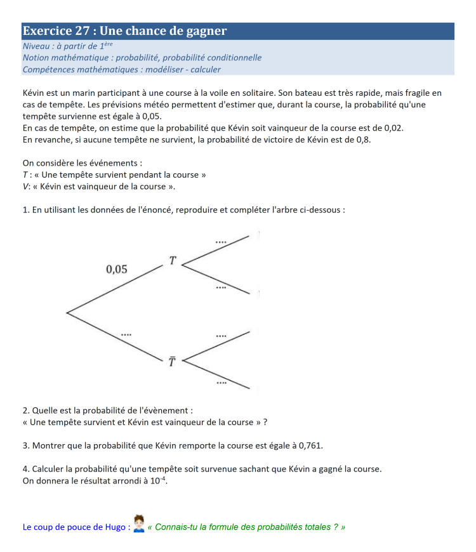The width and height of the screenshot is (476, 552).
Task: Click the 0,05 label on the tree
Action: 116,269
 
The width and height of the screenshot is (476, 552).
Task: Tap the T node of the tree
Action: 173,260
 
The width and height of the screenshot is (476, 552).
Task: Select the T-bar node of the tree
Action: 171,362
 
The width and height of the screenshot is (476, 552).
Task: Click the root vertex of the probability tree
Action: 67,312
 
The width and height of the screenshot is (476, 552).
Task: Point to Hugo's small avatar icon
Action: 140,524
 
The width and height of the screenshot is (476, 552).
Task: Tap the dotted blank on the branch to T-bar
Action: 126,333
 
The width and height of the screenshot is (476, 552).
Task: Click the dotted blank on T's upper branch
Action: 220,241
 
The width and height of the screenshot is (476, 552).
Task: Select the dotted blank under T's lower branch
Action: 220,287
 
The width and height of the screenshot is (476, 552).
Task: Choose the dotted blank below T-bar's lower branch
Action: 221,383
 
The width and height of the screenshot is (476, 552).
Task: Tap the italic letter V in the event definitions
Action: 25,186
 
